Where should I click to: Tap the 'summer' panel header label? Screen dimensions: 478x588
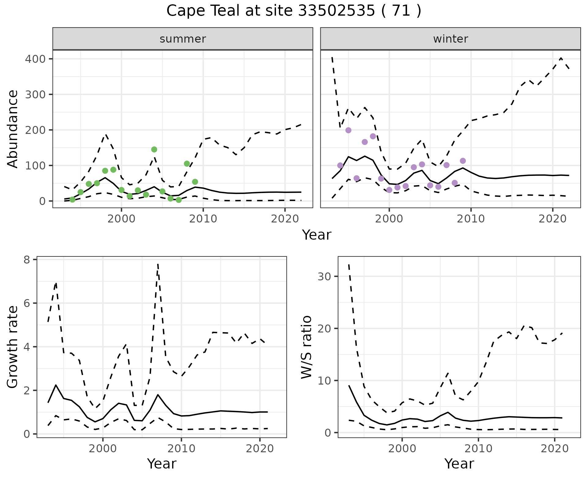pyautogui.click(x=183, y=39)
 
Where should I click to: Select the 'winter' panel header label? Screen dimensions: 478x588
pyautogui.click(x=450, y=39)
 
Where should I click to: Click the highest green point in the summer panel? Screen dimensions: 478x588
pyautogui.click(x=154, y=150)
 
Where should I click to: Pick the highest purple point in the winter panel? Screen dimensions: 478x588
pyautogui.click(x=348, y=130)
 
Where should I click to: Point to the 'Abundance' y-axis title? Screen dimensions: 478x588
pyautogui.click(x=13, y=129)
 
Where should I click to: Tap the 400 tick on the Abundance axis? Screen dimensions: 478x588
pyautogui.click(x=35, y=59)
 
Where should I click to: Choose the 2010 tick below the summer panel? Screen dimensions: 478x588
pyautogui.click(x=203, y=219)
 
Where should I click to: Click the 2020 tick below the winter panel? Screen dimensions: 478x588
pyautogui.click(x=553, y=219)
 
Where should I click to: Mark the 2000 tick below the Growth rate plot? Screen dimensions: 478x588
pyautogui.click(x=103, y=449)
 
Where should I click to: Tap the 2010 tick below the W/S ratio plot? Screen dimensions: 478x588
pyautogui.click(x=478, y=449)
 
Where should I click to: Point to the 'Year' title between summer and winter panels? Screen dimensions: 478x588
pyautogui.click(x=317, y=235)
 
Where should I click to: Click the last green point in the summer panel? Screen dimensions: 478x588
pyautogui.click(x=195, y=182)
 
